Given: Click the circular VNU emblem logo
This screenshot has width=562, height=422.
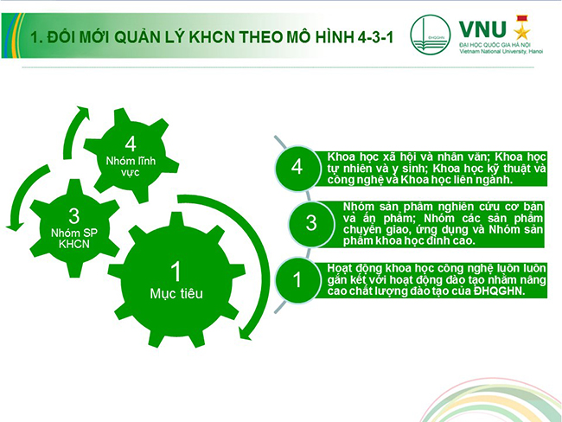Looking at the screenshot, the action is coord(430,35).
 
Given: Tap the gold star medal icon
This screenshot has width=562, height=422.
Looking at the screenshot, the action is coord(522,28).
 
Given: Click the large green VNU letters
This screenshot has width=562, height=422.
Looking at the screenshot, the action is coord(482,29).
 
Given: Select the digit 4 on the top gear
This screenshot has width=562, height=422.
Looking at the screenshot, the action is coord(131,144).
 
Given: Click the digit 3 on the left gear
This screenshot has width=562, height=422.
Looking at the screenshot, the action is coord(74,216).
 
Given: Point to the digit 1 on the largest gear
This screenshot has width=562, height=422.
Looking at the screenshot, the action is coord(176,272).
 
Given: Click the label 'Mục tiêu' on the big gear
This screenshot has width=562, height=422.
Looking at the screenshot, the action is coord(176,294).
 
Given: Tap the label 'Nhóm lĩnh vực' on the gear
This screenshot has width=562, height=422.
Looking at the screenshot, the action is coord(131,166).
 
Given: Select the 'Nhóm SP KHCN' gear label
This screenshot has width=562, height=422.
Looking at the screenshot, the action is coord(74,239).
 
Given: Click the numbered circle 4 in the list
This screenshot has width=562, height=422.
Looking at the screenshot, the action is coord(297,168).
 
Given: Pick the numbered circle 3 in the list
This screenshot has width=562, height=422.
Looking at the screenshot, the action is coord(311,223).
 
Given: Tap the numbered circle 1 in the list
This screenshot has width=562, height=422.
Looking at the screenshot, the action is coord(297,280).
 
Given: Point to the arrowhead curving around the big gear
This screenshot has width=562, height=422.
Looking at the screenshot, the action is coord(245,333).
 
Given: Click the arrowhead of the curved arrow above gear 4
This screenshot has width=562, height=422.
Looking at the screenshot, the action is coord(83,111).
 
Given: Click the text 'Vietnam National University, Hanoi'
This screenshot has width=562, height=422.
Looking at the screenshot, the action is coord(501,52).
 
